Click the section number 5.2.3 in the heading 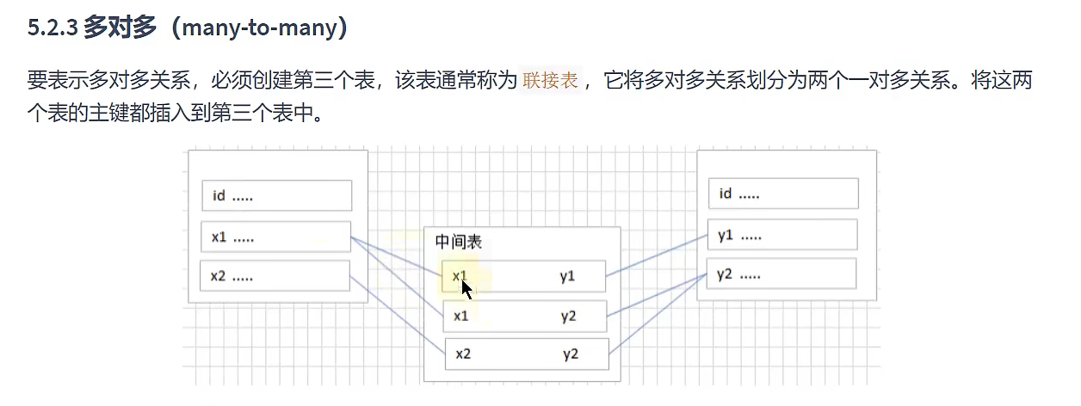tap(53, 28)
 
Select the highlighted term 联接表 tap(551, 83)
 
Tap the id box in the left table tap(276, 195)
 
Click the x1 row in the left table tap(276, 237)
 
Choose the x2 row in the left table tap(275, 276)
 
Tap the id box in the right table tap(782, 194)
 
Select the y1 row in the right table tap(782, 235)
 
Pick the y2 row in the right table tap(781, 274)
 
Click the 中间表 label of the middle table tap(458, 243)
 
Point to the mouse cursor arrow tap(466, 286)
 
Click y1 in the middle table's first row tap(566, 276)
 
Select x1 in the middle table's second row tap(461, 316)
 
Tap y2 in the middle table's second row tap(568, 316)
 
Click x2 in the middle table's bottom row tap(463, 354)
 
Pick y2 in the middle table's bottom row tap(571, 354)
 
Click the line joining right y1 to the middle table tap(657, 255)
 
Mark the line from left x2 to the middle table tap(398, 315)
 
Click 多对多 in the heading tap(121, 28)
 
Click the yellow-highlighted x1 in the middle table tap(459, 274)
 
